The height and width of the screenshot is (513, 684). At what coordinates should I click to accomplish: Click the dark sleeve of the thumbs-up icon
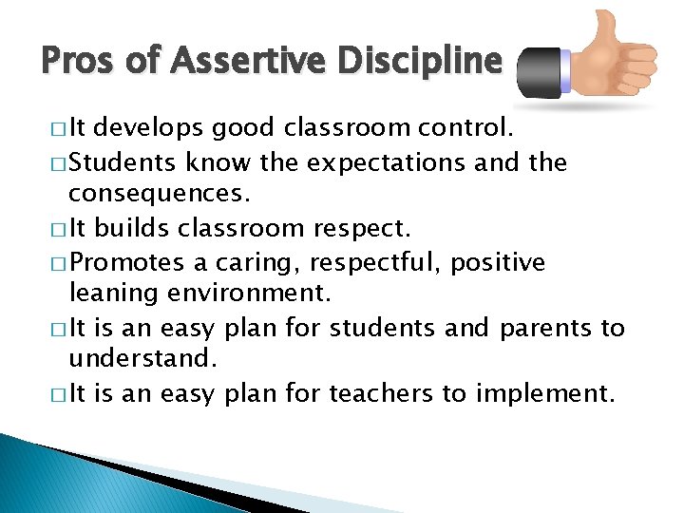click(x=541, y=70)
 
